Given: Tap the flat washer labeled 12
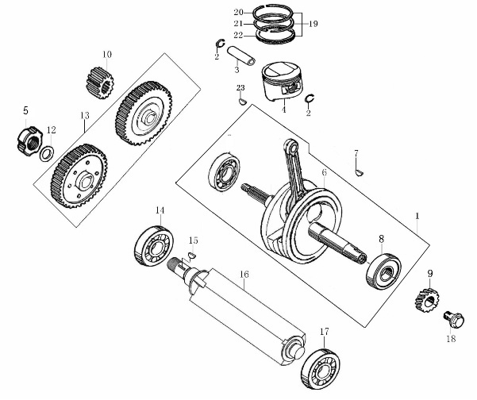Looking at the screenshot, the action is click(47, 154).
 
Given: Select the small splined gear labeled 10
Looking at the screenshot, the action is click(99, 82).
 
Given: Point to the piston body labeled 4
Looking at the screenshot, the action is click(283, 82).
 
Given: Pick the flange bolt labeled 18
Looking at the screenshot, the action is click(454, 320).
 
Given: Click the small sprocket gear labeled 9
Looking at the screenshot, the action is click(426, 300).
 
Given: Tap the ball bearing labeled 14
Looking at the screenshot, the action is click(154, 246).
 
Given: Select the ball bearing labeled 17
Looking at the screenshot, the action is click(321, 368).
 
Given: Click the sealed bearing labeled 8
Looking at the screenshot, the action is click(383, 271).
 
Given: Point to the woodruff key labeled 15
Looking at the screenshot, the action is click(192, 256).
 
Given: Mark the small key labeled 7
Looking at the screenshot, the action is click(359, 172).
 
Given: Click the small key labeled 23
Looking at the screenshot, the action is click(242, 101).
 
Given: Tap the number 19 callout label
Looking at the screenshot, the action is click(313, 24).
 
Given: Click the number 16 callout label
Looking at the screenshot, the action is click(244, 274).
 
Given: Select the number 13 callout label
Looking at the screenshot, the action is click(85, 115).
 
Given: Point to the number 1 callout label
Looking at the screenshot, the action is click(417, 216).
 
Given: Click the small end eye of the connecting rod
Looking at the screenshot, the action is click(293, 148).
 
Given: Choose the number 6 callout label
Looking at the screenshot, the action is click(324, 172).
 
